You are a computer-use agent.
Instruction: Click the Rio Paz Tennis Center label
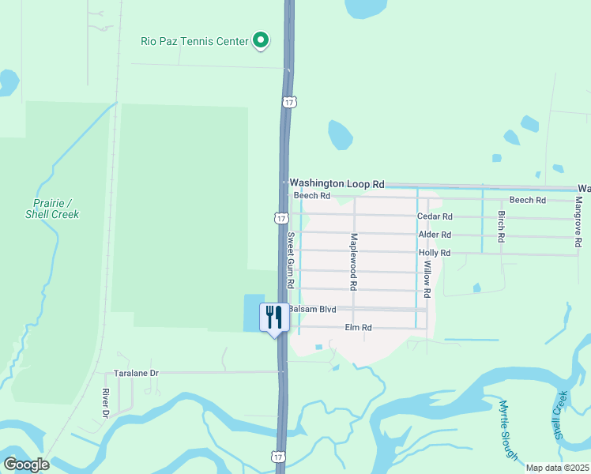pos(194,41)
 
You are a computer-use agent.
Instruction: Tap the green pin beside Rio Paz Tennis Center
pos(261,40)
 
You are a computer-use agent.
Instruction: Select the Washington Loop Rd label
pos(337,183)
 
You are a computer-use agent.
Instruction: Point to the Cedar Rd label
pos(435,216)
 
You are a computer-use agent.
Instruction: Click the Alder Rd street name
pos(435,235)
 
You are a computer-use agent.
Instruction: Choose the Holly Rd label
pos(435,253)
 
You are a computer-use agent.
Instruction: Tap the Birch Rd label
pos(501,226)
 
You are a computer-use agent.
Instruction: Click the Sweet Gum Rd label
pos(291,259)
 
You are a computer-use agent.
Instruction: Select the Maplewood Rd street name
pos(355,260)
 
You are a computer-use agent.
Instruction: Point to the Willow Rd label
pos(427,279)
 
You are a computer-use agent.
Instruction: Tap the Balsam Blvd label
pos(313,309)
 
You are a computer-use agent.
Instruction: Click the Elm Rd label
pos(358,328)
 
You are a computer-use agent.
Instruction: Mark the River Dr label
pos(105,403)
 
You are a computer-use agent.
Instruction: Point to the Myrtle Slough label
pos(508,430)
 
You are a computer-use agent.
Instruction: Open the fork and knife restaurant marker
pos(274,317)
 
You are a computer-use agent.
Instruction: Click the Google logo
pos(26,465)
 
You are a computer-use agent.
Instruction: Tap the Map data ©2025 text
pos(556,468)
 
